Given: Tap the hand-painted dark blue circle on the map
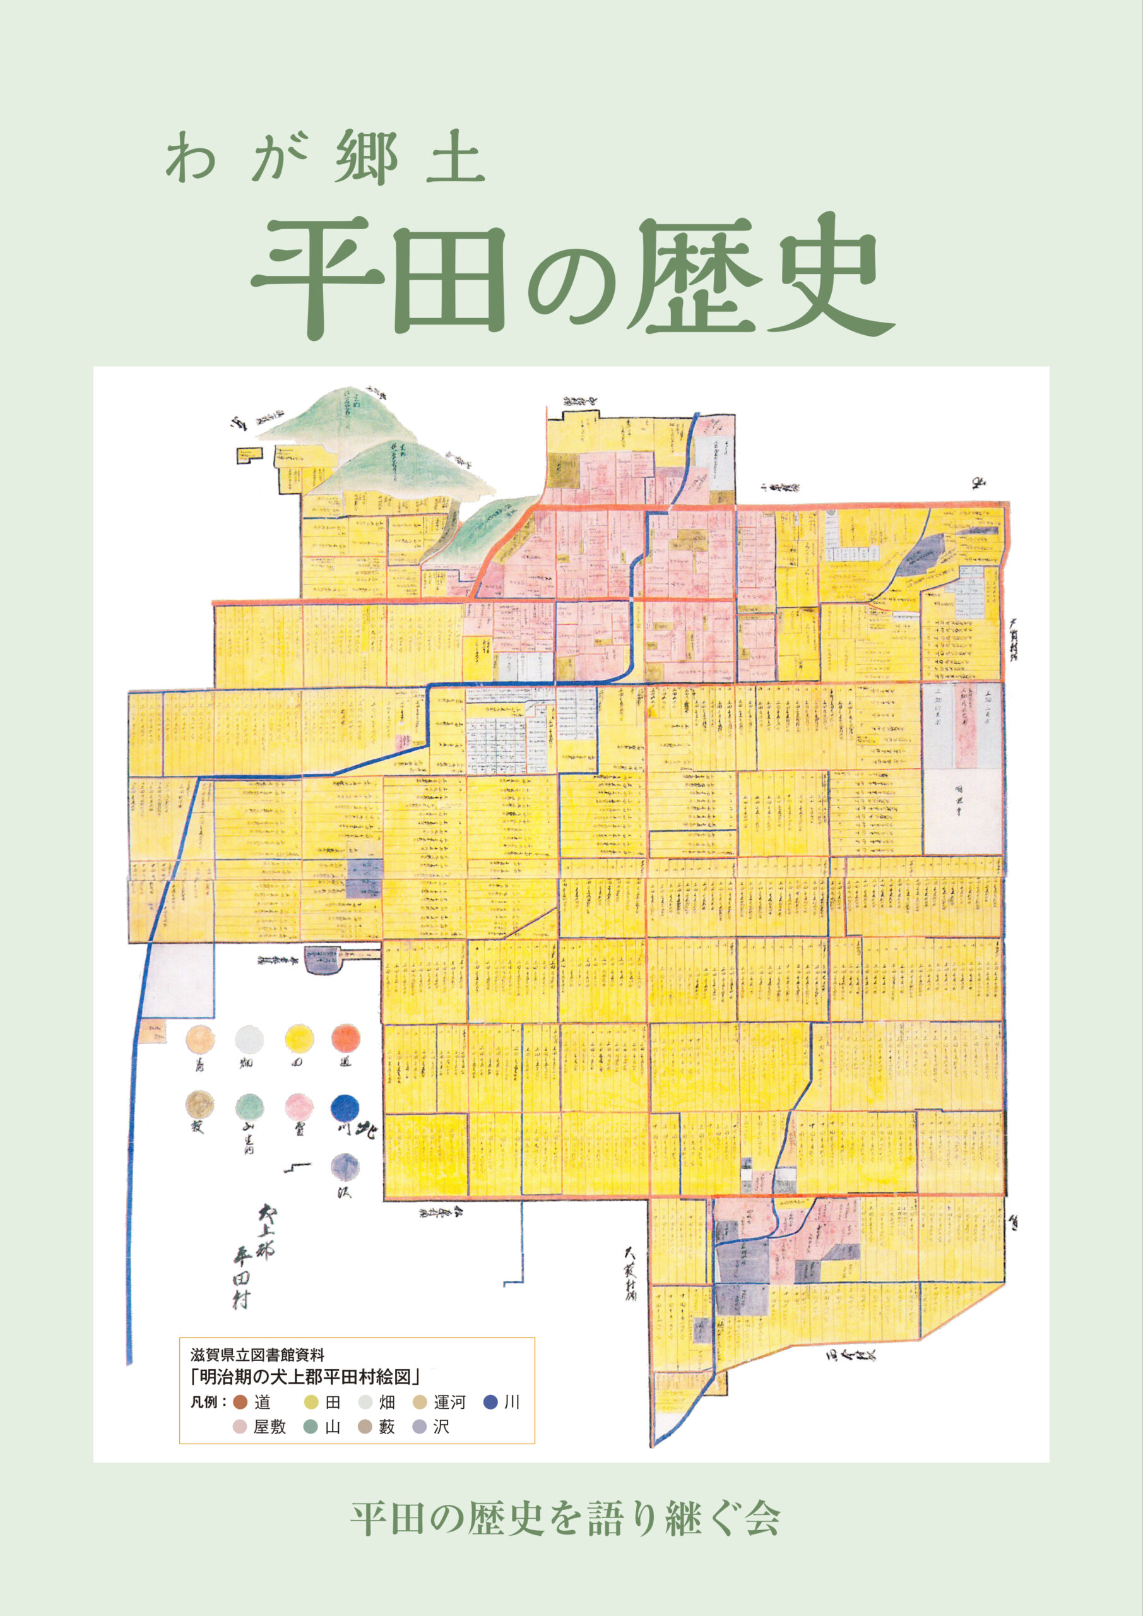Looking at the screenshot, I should (x=345, y=1107).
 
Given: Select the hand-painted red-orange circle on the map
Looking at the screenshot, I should (x=346, y=1038).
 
